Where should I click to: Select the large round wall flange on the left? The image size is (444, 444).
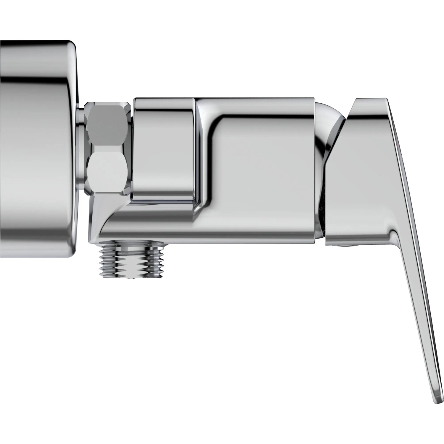pos(36,148)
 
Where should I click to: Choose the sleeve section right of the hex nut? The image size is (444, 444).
pos(163,148)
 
